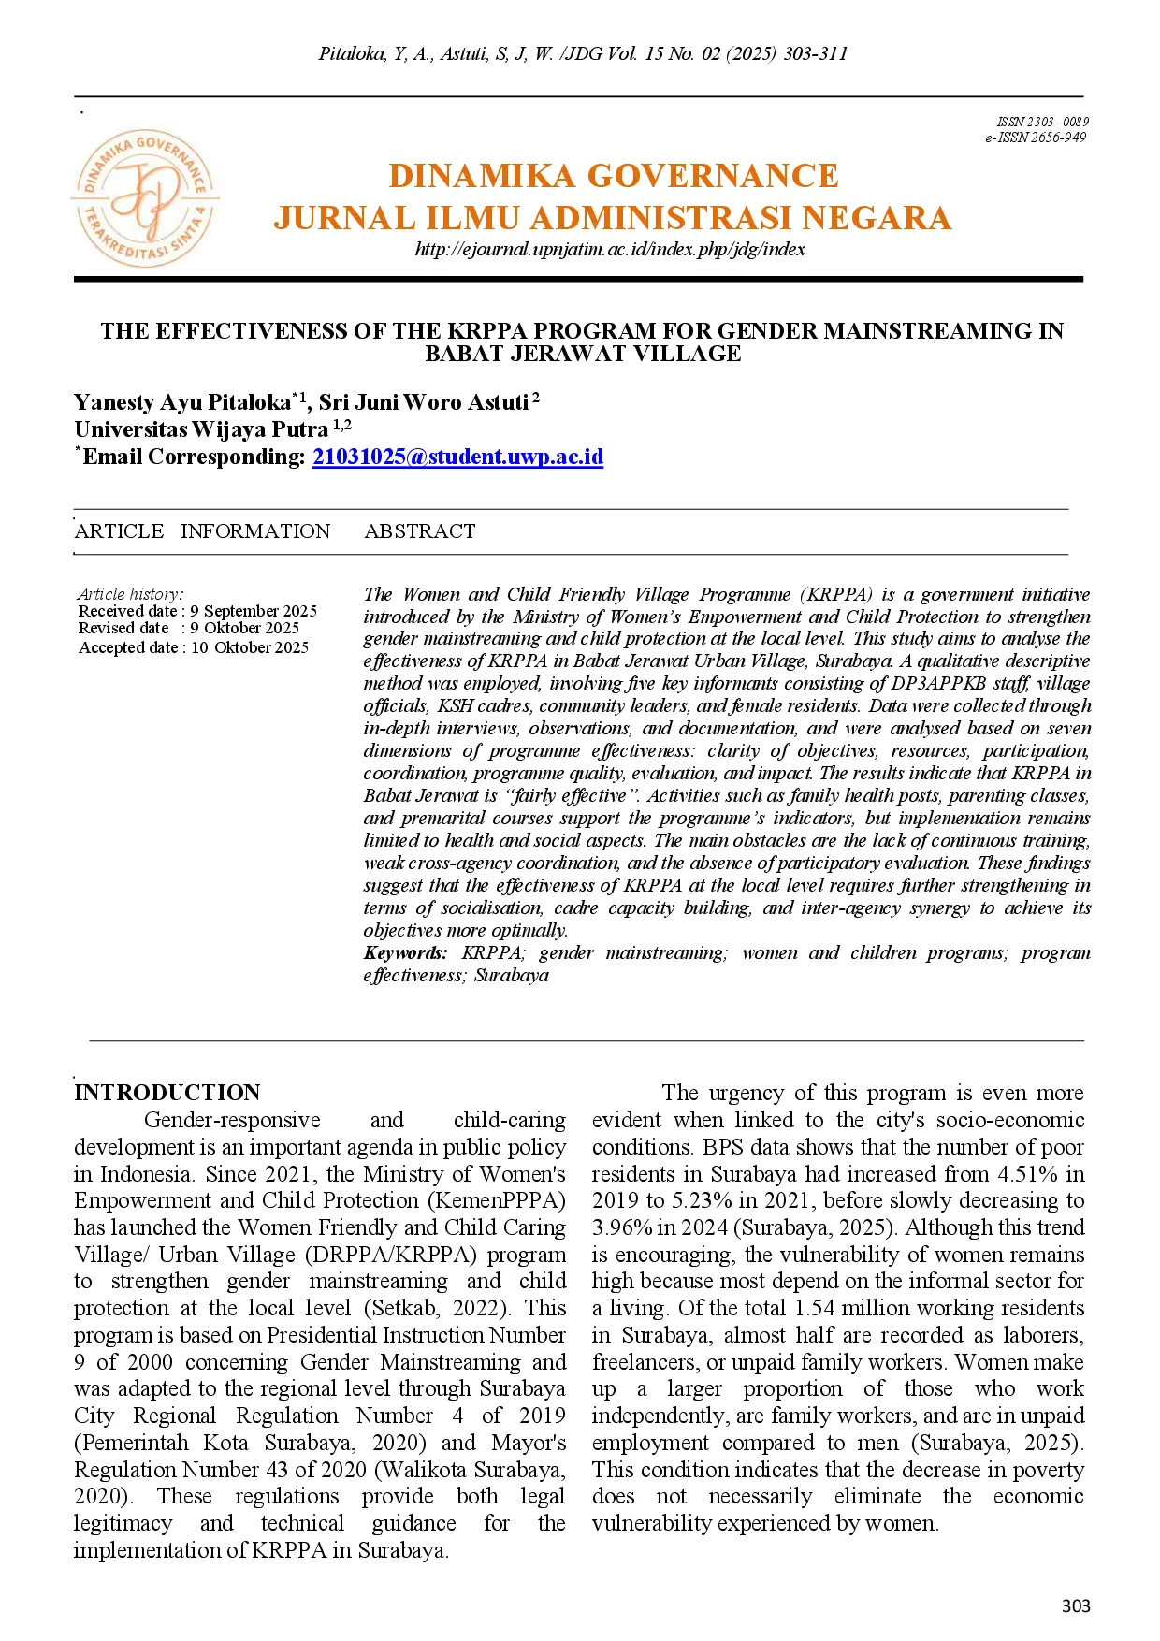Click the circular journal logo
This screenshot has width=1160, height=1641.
(x=145, y=197)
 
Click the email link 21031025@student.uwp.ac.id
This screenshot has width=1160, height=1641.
(x=457, y=457)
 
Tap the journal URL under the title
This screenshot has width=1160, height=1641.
(x=609, y=249)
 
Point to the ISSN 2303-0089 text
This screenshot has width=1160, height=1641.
(x=1042, y=122)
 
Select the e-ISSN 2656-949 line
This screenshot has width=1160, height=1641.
(x=1035, y=138)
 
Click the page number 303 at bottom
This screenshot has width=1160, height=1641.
(x=1076, y=1605)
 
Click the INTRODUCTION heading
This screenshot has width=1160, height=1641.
(x=167, y=1093)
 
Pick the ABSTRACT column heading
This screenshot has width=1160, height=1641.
(x=419, y=531)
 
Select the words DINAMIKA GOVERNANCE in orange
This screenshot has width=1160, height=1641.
(x=613, y=176)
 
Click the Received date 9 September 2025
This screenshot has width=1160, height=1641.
(x=197, y=611)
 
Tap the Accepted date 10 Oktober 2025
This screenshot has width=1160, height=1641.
(x=194, y=647)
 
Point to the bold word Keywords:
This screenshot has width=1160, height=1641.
(x=405, y=952)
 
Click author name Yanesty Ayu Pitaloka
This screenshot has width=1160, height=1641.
(x=182, y=402)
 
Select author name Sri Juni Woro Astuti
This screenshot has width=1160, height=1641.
(x=423, y=402)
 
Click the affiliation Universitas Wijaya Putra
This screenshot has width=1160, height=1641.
(x=201, y=429)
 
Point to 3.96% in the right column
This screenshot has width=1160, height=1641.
(x=624, y=1227)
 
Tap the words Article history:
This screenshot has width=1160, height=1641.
(x=130, y=594)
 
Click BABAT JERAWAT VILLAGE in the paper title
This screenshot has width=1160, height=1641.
(x=583, y=354)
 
